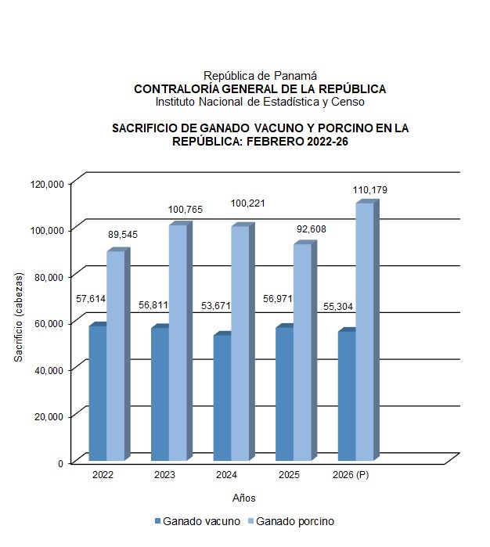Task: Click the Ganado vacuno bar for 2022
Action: pos(97,393)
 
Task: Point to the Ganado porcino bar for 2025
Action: pos(302,352)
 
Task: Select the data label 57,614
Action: pos(91,298)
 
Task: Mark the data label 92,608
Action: pos(311,229)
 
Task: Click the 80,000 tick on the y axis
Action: pos(49,276)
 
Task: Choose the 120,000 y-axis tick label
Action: pos(47,183)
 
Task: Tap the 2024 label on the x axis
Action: pos(227,475)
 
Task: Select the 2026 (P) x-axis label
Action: pos(351,475)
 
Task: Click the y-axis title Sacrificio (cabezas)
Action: pos(19,317)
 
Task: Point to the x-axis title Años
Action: pos(244,498)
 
